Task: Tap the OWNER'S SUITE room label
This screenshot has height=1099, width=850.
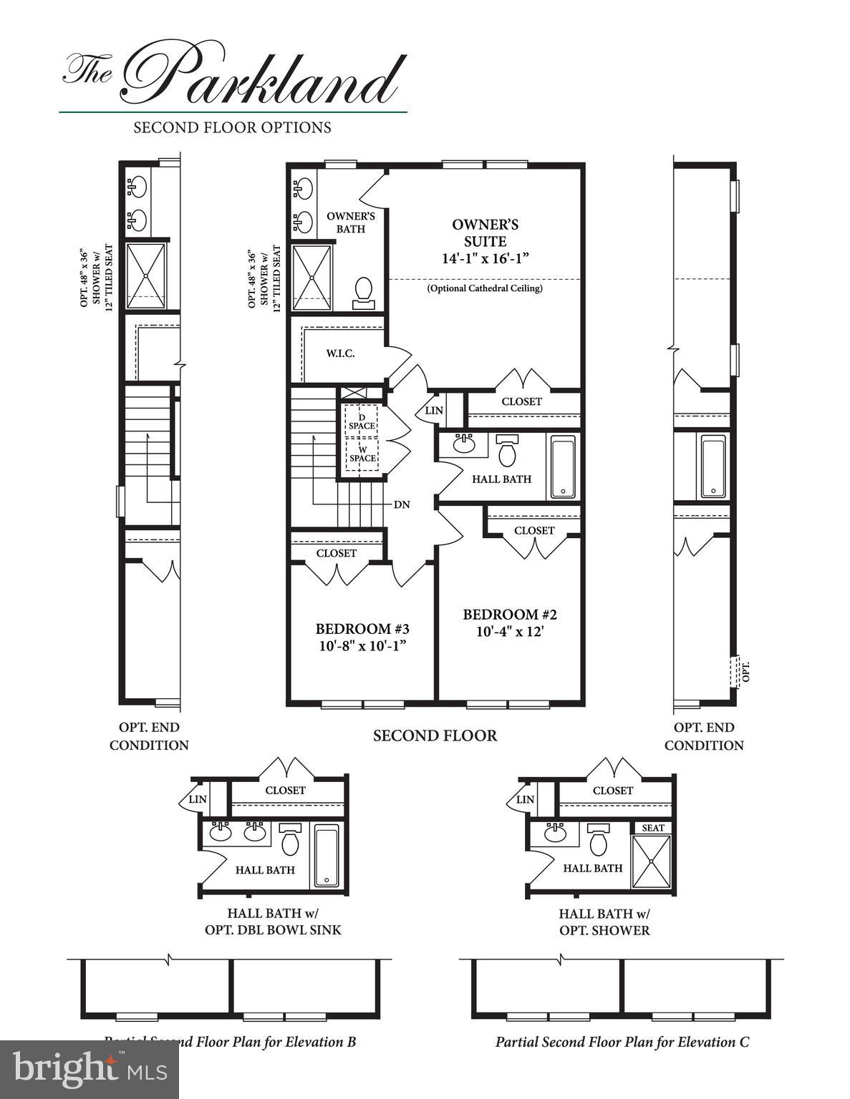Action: [485, 233]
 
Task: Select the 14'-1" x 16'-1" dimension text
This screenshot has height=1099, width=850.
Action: [485, 259]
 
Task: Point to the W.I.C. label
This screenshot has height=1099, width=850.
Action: [340, 353]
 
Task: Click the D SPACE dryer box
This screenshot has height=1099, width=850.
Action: [362, 421]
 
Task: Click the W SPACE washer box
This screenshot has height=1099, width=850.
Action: [362, 454]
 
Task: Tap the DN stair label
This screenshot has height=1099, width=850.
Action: [402, 504]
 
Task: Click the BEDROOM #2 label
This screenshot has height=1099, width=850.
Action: [509, 615]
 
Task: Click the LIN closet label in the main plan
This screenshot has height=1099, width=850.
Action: [434, 411]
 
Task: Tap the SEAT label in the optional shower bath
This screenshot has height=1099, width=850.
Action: [652, 828]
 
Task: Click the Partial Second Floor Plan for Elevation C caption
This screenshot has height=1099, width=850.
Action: [622, 1042]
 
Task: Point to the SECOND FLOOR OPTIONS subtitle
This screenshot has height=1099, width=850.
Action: [232, 127]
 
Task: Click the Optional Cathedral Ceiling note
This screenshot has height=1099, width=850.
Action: [485, 288]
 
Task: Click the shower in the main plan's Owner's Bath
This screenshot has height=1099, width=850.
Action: [313, 278]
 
